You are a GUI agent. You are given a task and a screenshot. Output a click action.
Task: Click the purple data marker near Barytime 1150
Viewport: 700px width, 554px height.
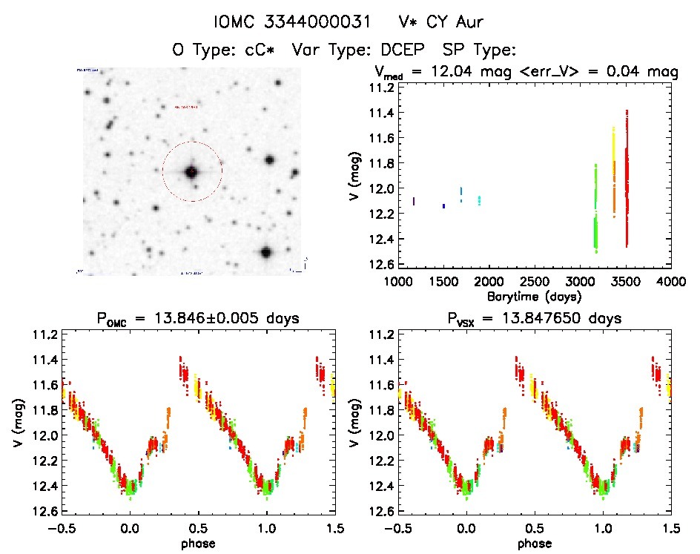[413, 201]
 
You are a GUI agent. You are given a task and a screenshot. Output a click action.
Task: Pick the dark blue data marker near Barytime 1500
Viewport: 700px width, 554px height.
[443, 205]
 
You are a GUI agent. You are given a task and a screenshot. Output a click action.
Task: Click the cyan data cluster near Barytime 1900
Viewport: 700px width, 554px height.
[479, 200]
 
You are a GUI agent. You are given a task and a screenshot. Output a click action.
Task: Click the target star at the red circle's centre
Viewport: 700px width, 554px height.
[191, 172]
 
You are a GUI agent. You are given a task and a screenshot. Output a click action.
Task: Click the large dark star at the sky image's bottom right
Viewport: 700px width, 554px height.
[265, 252]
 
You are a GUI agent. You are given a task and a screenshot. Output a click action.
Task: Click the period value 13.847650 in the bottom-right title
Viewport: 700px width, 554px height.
[580, 319]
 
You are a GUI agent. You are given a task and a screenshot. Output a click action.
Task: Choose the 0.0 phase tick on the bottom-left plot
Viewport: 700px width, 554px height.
[131, 529]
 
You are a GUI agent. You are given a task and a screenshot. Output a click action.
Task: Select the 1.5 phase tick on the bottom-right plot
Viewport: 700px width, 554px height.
[670, 529]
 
